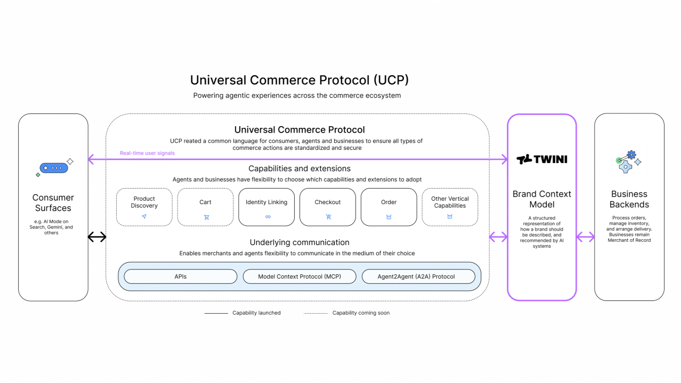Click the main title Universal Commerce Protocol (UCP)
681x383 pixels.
click(x=299, y=80)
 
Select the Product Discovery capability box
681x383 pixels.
click(x=144, y=207)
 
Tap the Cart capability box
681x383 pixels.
click(x=205, y=207)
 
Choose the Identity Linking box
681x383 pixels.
click(x=266, y=207)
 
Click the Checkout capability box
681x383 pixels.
click(x=327, y=207)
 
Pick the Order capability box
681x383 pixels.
click(x=388, y=207)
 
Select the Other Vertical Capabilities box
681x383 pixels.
click(x=450, y=207)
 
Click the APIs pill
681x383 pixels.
click(x=180, y=276)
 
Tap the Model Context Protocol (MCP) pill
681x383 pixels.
click(x=299, y=276)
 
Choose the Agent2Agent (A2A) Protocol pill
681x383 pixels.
click(x=418, y=276)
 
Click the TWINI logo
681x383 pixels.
click(x=541, y=159)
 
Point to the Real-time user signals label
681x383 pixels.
click(x=147, y=153)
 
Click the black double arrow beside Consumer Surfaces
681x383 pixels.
click(x=97, y=237)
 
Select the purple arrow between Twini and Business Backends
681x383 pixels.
click(x=585, y=237)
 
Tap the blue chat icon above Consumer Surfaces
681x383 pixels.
click(x=54, y=168)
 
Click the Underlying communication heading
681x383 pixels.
click(x=299, y=242)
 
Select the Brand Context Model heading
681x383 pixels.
click(x=541, y=199)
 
